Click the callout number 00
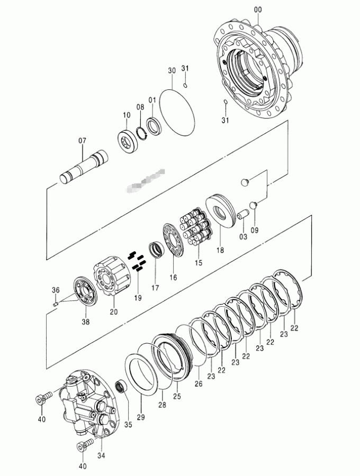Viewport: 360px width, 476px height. pos(258,9)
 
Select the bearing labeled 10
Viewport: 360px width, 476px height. pos(129,141)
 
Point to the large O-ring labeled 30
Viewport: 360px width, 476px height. pos(177,111)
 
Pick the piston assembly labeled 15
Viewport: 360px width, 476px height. pos(196,230)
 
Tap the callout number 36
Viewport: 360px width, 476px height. pos(55,289)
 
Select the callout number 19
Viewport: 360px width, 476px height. pos(138,298)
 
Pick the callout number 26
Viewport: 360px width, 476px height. pos(199,383)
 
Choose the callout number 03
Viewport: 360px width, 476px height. pos(243,236)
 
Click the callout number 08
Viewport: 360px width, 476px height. pos(140,107)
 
